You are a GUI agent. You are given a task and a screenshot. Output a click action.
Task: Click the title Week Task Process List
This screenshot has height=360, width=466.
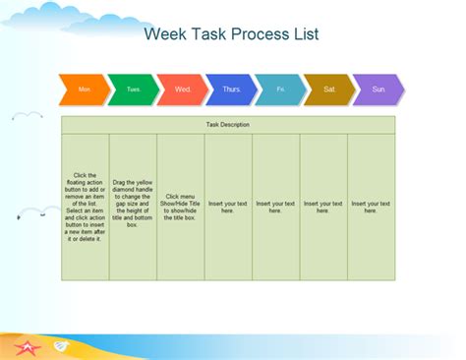pyautogui.click(x=231, y=34)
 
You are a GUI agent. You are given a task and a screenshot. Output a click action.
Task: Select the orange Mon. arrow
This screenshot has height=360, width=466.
pyautogui.click(x=85, y=90)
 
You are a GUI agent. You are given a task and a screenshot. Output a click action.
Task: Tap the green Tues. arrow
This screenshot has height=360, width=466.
pyautogui.click(x=134, y=90)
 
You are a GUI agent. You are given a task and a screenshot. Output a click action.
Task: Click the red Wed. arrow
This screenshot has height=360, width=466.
pyautogui.click(x=183, y=90)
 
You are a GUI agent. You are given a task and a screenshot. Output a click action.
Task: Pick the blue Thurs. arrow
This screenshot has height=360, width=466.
pyautogui.click(x=232, y=90)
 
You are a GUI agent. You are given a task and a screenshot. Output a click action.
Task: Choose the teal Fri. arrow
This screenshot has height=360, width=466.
pyautogui.click(x=281, y=90)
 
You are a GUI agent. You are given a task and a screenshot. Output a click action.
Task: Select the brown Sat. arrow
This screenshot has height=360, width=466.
pyautogui.click(x=330, y=90)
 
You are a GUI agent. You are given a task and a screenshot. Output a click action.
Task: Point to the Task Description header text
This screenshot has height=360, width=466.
pyautogui.click(x=228, y=125)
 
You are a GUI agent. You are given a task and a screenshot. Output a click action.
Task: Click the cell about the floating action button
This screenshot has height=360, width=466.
pyautogui.click(x=86, y=207)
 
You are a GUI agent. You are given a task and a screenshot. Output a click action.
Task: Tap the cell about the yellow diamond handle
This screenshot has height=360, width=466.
pyautogui.click(x=133, y=207)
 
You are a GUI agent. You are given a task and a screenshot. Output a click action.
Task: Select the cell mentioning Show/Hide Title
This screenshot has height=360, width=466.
pyautogui.click(x=181, y=207)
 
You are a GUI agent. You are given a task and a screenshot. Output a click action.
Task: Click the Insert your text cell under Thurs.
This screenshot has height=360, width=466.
pyautogui.click(x=228, y=207)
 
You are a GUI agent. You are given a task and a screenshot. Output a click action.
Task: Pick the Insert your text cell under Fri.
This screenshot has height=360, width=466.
pyautogui.click(x=275, y=207)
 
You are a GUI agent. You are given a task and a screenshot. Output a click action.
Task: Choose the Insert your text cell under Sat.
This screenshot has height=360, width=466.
pyautogui.click(x=323, y=207)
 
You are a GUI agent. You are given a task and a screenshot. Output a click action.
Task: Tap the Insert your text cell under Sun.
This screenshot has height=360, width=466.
pyautogui.click(x=371, y=207)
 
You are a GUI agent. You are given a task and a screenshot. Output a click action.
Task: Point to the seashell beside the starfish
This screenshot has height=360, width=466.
pyautogui.click(x=60, y=345)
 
